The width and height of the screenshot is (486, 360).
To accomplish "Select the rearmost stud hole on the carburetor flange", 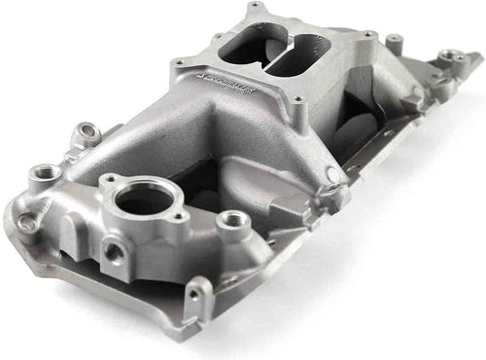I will [256, 9].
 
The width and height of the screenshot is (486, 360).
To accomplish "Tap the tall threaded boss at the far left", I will [45, 176].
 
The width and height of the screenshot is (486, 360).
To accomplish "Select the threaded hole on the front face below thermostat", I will [115, 252].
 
